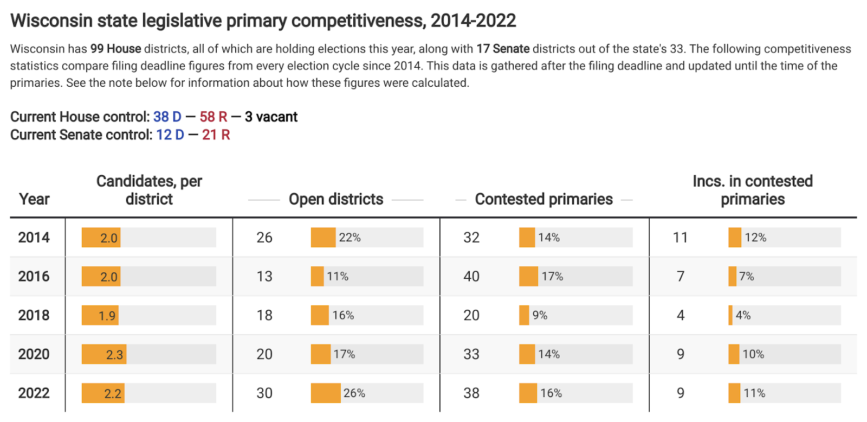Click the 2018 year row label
coord(34,315)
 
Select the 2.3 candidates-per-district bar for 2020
coord(104,354)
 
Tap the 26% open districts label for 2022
coord(354,393)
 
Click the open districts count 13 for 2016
coord(264,277)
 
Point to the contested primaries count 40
coord(471,277)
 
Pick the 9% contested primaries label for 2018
coord(540,315)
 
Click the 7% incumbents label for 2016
coord(747,277)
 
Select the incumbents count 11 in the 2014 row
coord(680,238)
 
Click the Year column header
coord(34,199)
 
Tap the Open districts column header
coord(336,199)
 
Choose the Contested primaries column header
coord(544,199)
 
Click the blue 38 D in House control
coord(167,117)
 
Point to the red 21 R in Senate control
coord(216,135)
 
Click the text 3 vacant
coord(271,117)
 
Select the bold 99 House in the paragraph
coord(115,49)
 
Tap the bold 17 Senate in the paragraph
coord(503,49)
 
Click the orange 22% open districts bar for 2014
coord(323,238)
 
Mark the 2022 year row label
coord(34,393)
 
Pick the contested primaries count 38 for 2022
coord(471,393)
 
